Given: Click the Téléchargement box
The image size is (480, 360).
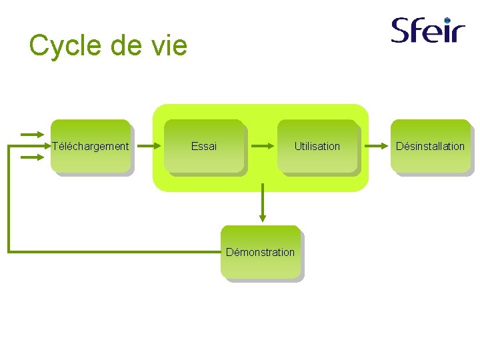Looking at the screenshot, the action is (x=91, y=146).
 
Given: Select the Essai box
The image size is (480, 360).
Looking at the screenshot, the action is (x=204, y=146).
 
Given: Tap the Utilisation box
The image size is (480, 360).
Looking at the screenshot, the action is (x=317, y=146).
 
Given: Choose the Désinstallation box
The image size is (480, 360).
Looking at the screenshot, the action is (x=430, y=146).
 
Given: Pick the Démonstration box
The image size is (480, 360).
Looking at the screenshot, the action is (x=260, y=252).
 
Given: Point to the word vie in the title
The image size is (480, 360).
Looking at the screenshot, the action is (x=170, y=46).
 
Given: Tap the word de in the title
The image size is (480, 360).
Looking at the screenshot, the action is (x=123, y=46).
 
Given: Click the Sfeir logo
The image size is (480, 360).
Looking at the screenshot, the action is (x=427, y=30).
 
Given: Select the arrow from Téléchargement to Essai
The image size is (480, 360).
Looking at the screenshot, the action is (x=148, y=146).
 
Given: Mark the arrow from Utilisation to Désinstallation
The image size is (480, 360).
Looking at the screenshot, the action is (x=374, y=146).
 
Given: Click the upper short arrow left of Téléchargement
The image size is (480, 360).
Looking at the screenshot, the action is (x=32, y=134).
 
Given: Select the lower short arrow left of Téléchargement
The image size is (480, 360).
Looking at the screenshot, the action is (x=32, y=158).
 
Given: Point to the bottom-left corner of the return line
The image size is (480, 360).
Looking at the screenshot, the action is (x=9, y=251).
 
